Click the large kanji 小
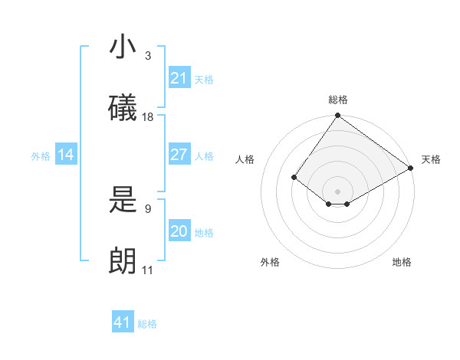coord(123,47)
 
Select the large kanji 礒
coord(123,107)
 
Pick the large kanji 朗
coord(123,261)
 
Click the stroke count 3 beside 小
coord(148,56)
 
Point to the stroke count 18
coord(148,117)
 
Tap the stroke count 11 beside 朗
coord(148,270)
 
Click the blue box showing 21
coord(179,78)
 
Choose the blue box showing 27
coord(179,155)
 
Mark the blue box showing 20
coord(179,231)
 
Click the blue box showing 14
coord(66,155)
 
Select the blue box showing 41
coord(123,322)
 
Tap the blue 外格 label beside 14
coord(41,156)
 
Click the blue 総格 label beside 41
coord(147,324)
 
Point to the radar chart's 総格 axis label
coord(338,100)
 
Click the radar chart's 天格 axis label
coord(431,159)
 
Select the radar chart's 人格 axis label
coord(245,159)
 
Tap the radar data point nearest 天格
coord(411,168)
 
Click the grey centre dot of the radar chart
coord(337,191)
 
